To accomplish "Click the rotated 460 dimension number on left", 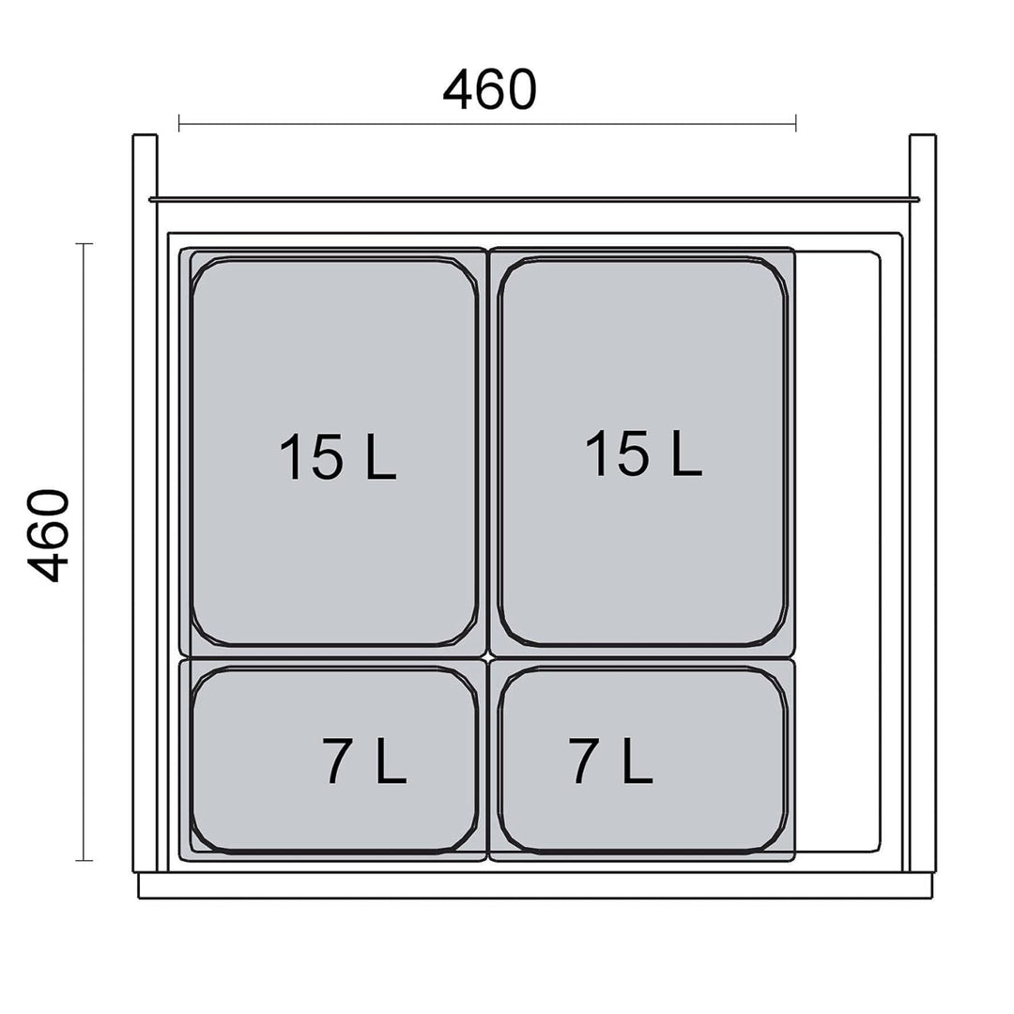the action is pyautogui.click(x=48, y=536).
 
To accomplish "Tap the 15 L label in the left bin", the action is pyautogui.click(x=337, y=456).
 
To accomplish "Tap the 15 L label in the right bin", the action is pyautogui.click(x=643, y=453).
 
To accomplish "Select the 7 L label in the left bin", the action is pyautogui.click(x=364, y=760).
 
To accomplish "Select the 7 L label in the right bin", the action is pyautogui.click(x=610, y=760).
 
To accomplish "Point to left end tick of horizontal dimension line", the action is pyautogui.click(x=179, y=123).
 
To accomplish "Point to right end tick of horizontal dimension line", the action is pyautogui.click(x=795, y=123).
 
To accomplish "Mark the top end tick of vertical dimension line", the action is pyautogui.click(x=84, y=244).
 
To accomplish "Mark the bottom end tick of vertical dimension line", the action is pyautogui.click(x=84, y=860).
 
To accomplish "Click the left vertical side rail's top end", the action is pyautogui.click(x=145, y=136).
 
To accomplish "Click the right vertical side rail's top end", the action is pyautogui.click(x=922, y=136).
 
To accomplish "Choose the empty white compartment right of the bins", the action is pyautogui.click(x=838, y=552).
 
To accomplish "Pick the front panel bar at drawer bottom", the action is pyautogui.click(x=535, y=885).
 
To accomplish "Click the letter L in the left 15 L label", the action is pyautogui.click(x=381, y=456).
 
